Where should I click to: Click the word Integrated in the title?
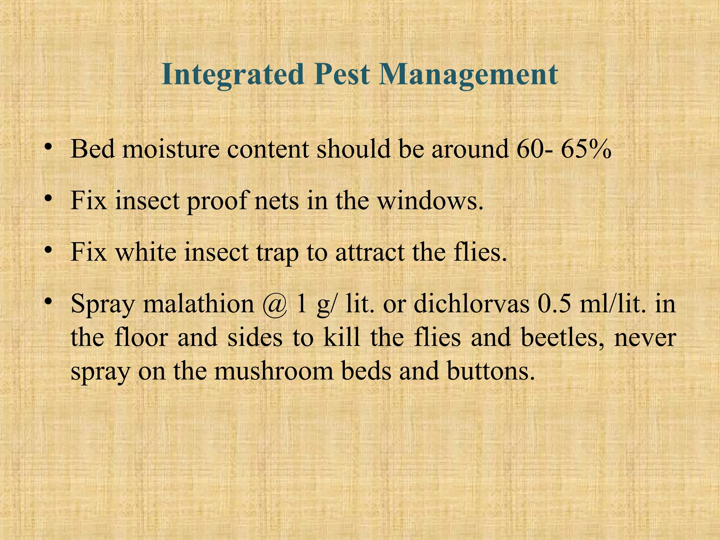232,75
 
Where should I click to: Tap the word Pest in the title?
341,75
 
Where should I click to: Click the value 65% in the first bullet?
586,149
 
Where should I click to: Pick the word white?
146,252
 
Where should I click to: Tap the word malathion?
198,304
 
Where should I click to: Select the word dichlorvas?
471,304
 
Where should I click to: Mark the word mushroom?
274,372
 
